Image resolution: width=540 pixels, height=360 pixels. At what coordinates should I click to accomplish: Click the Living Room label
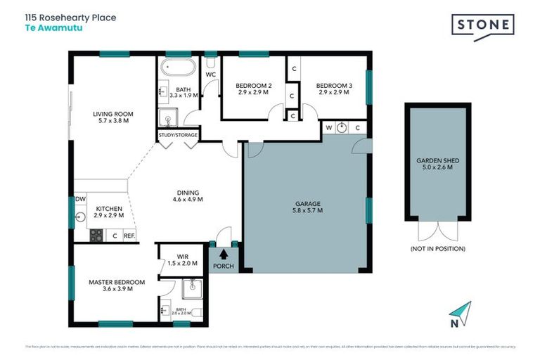point(113,117)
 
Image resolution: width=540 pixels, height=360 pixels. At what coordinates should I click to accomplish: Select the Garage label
point(306,207)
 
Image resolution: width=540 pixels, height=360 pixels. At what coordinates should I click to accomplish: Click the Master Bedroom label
point(117,285)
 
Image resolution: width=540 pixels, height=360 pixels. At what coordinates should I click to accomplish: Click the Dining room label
point(188,195)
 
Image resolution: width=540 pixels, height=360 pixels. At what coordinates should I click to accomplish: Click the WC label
point(210,74)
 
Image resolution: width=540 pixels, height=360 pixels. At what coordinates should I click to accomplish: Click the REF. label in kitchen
point(129,236)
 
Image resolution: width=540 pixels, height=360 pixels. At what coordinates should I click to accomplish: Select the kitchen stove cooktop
point(96,235)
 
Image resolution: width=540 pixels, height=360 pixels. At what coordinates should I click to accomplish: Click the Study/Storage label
point(178,134)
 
